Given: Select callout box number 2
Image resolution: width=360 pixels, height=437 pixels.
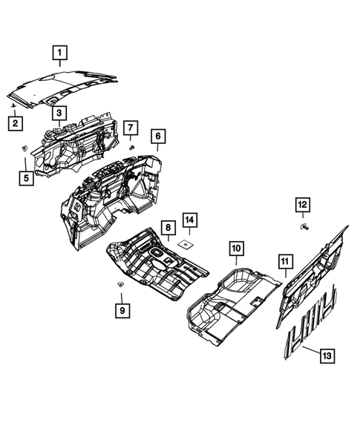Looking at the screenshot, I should pos(15,123).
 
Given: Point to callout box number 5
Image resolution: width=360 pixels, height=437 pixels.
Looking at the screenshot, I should pos(27,177).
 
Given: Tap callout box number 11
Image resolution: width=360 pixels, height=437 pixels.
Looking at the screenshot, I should pos(285,261).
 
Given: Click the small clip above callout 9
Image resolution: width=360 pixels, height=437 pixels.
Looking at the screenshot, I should pos(120,285).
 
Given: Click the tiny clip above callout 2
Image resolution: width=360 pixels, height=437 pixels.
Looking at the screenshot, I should pos(13,108).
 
